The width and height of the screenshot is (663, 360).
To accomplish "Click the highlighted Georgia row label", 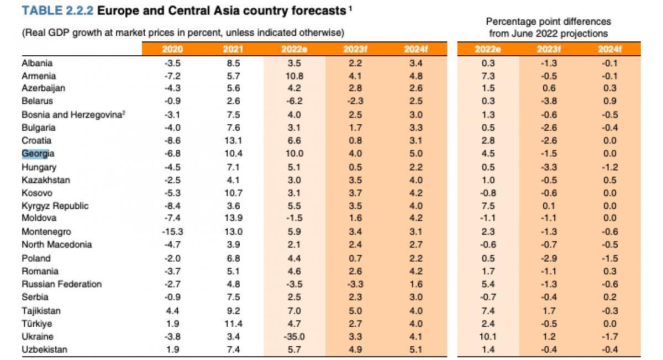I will tap(38, 153).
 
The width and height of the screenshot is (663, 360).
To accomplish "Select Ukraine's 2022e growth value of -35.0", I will tap(294, 336).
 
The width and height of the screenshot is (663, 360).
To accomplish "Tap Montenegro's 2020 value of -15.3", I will tap(172, 232).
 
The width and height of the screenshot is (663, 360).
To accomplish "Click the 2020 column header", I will tap(172, 49).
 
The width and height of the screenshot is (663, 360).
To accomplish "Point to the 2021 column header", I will tap(233, 49).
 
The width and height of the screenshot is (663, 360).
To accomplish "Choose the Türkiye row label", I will tap(36, 324).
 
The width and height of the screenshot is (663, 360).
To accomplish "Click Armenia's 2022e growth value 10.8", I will tap(294, 76).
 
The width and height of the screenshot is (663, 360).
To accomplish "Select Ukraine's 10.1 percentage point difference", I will tap(488, 336).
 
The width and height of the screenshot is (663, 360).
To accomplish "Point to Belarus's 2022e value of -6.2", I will tap(294, 101).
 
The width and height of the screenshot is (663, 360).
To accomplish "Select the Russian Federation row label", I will tap(61, 284).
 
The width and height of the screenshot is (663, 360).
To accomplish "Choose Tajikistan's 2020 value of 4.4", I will tap(172, 311).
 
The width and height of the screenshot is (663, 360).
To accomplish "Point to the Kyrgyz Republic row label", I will tap(55, 206).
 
